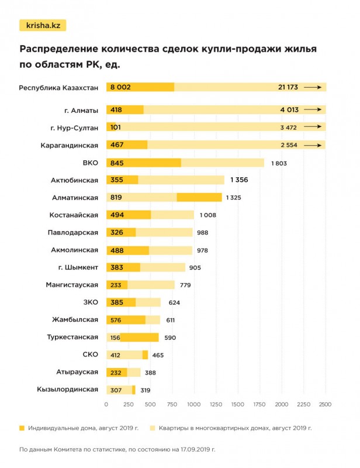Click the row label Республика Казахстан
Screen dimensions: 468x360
point(58,87)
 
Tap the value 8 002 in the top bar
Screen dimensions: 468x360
point(120,87)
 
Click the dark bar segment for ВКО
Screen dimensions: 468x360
point(144,163)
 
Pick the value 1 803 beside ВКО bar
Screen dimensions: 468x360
point(279,163)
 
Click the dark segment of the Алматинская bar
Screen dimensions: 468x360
point(199,198)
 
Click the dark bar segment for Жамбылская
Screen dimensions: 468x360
point(126,320)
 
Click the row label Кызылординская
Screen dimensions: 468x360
point(67,390)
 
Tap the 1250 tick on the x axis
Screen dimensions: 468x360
point(216,404)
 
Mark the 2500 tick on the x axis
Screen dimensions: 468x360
point(325,404)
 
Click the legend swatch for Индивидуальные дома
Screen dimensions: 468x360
point(22,428)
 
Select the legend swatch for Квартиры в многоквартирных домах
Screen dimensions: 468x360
point(153,428)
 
